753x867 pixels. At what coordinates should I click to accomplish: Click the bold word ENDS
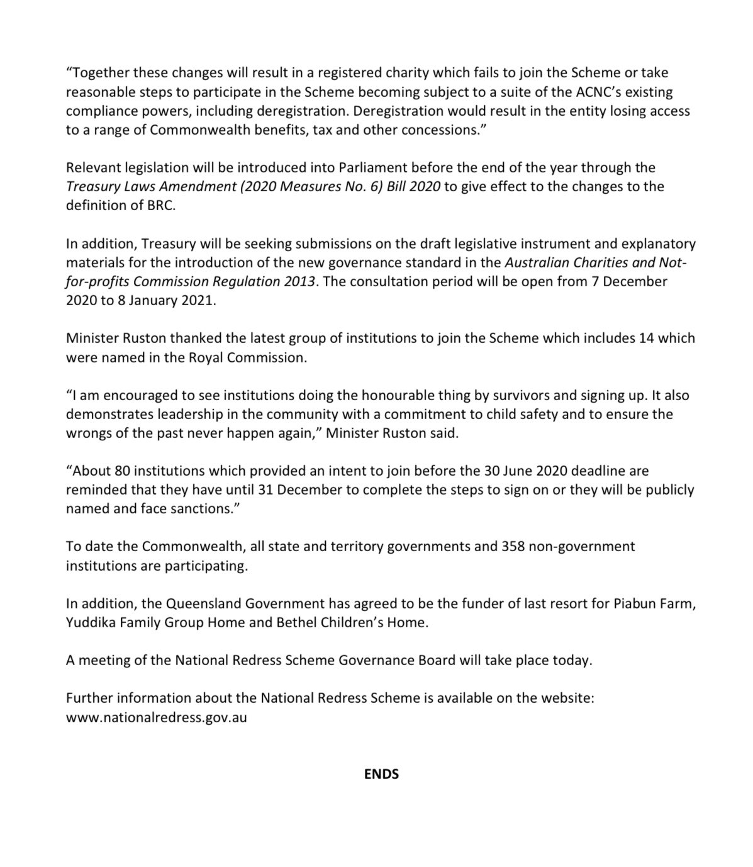coord(381,774)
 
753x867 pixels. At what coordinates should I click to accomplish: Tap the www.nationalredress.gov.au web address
coord(156,717)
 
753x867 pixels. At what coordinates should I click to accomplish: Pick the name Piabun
coord(634,604)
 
